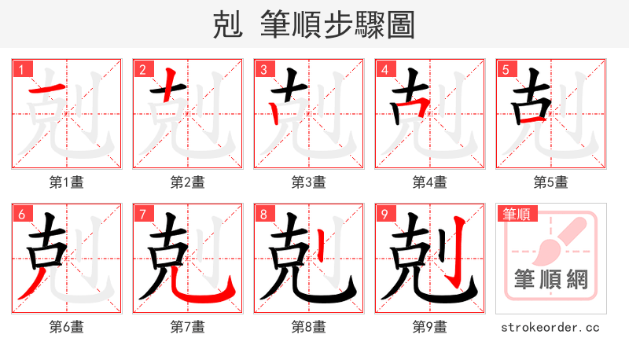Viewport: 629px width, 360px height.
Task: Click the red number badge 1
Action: (x=21, y=69)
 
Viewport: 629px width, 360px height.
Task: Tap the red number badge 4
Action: (x=384, y=69)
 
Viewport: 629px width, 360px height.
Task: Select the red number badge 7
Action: (x=142, y=214)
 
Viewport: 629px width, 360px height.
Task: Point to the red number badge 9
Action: (x=384, y=214)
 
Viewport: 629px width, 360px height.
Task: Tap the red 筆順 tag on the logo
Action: (x=516, y=214)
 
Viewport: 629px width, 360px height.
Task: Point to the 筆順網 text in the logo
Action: (x=551, y=279)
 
